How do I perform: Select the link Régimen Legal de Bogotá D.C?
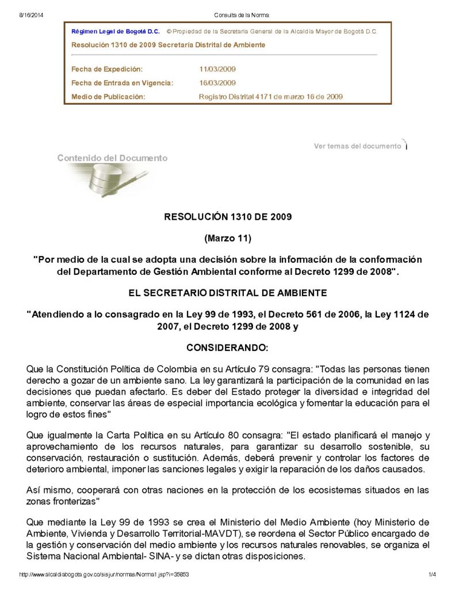[115, 32]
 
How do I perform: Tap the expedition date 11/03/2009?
[217, 69]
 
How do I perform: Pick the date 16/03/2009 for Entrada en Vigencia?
[217, 83]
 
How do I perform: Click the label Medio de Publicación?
[108, 97]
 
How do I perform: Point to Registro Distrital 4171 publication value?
[270, 97]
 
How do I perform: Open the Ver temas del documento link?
[357, 146]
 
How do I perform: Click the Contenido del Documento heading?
[112, 158]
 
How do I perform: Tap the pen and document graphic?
[109, 178]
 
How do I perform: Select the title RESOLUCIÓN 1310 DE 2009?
[228, 217]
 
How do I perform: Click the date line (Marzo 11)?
[228, 238]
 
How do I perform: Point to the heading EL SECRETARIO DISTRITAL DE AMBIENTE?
[228, 293]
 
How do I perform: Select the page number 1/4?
[433, 575]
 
